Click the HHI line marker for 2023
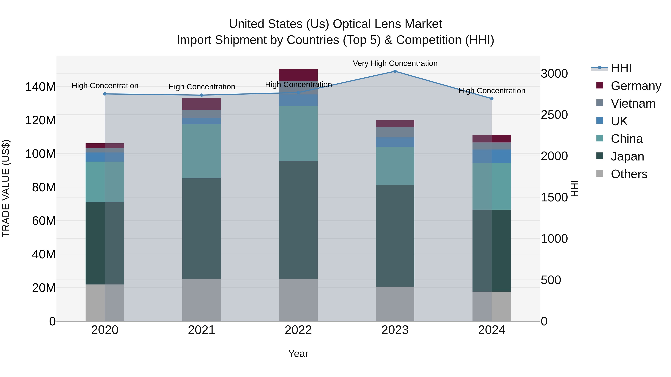click(x=395, y=71)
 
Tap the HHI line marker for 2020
click(x=105, y=94)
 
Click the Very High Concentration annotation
click(x=395, y=63)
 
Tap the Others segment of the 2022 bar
click(x=298, y=300)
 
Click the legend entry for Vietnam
click(x=633, y=104)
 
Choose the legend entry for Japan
click(x=627, y=156)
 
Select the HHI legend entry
click(x=621, y=68)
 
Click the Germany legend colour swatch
click(x=600, y=85)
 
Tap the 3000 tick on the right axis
click(x=554, y=74)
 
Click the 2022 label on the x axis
click(x=298, y=330)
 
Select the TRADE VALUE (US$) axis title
click(x=6, y=188)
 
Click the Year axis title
click(x=298, y=354)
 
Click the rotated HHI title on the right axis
click(x=575, y=188)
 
